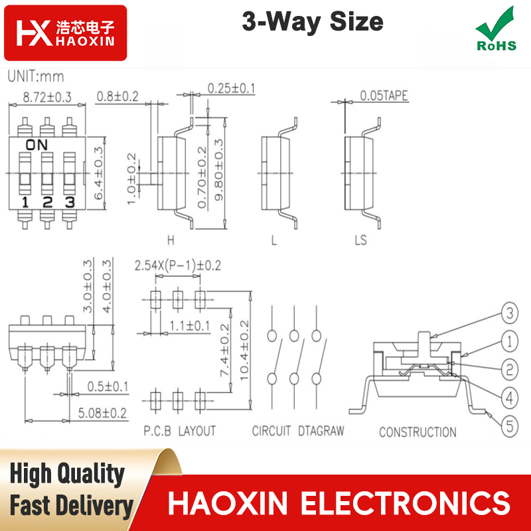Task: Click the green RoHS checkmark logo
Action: click(496, 29)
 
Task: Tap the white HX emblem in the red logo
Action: click(35, 33)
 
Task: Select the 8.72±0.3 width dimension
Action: click(47, 97)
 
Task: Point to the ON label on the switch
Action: click(37, 145)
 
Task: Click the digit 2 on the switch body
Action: click(47, 202)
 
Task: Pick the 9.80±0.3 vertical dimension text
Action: click(219, 169)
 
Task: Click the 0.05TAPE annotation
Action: click(384, 96)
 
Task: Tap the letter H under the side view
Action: click(171, 240)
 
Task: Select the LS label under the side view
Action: click(360, 240)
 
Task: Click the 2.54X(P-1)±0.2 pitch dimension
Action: click(178, 265)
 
